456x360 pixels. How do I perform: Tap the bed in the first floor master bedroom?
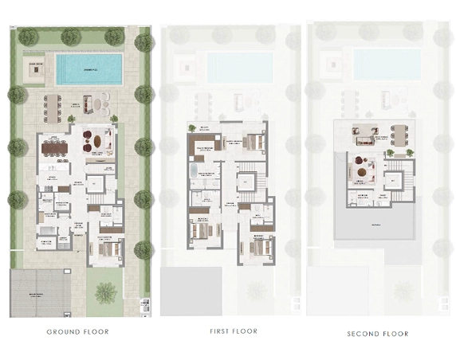(x=251, y=143)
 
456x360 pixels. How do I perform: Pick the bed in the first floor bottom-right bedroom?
(x=262, y=245)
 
